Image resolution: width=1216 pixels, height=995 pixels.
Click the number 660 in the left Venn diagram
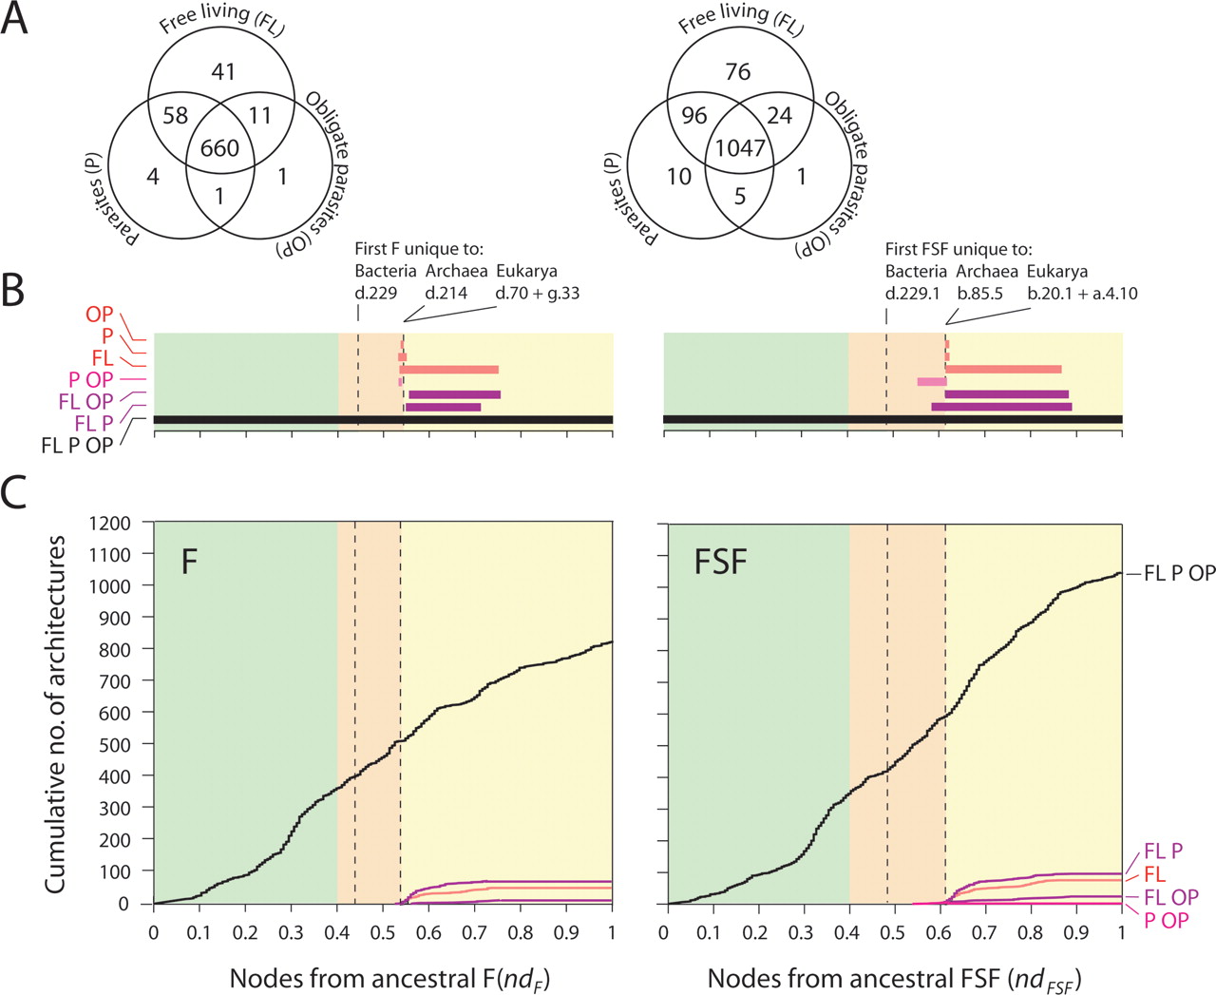[x=218, y=148]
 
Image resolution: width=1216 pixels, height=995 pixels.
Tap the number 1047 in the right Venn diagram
[x=740, y=148]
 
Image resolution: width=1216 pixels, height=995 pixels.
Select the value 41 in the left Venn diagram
[x=223, y=72]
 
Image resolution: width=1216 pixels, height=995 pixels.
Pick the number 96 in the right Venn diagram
[x=694, y=116]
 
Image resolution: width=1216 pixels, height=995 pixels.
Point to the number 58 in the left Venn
[x=176, y=116]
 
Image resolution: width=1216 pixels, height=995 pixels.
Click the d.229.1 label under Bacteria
[x=913, y=294]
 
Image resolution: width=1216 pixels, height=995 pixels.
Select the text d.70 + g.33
[x=537, y=294]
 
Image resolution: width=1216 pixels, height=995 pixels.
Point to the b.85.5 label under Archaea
[x=979, y=294]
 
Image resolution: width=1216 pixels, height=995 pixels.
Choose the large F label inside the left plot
[x=189, y=561]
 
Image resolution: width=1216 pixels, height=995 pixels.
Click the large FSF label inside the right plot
[x=720, y=561]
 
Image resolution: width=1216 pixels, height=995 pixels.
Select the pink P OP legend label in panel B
[x=90, y=380]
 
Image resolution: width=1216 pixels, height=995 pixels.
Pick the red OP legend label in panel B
[x=99, y=315]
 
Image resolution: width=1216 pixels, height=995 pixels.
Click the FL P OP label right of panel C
[x=1179, y=573]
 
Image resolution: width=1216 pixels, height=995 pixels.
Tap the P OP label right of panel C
[x=1168, y=920]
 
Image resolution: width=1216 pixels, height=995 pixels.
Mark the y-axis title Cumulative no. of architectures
[x=55, y=713]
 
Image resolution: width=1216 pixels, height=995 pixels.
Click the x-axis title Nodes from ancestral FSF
[x=894, y=978]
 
